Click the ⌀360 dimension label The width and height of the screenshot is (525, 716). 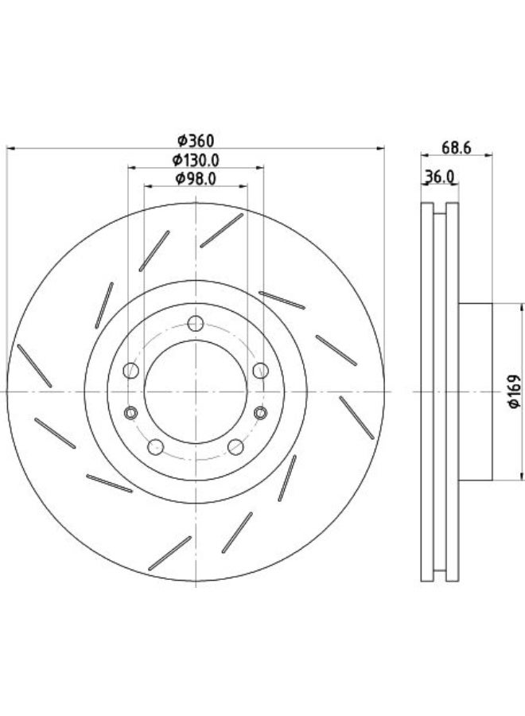196,141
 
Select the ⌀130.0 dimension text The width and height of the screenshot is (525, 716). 196,160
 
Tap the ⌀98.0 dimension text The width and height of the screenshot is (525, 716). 196,178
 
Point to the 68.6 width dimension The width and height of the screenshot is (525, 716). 456,147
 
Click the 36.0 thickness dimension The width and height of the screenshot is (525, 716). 439,177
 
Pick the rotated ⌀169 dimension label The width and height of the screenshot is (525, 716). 515,391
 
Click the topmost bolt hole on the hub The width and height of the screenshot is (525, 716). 196,324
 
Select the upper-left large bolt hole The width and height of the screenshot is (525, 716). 131,370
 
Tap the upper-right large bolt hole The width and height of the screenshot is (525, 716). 261,370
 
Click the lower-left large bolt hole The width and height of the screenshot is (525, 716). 156,446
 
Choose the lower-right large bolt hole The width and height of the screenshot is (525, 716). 235,446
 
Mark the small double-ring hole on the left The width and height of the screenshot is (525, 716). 131,413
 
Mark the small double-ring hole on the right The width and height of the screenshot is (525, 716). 260,413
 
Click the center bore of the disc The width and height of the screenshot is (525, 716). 196,391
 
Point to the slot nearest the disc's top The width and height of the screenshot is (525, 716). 222,231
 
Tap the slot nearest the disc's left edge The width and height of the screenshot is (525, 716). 34,366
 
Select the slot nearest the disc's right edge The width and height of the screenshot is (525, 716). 356,418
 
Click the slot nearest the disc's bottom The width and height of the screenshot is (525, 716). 169,553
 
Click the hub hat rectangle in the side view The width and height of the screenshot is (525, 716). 475,391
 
